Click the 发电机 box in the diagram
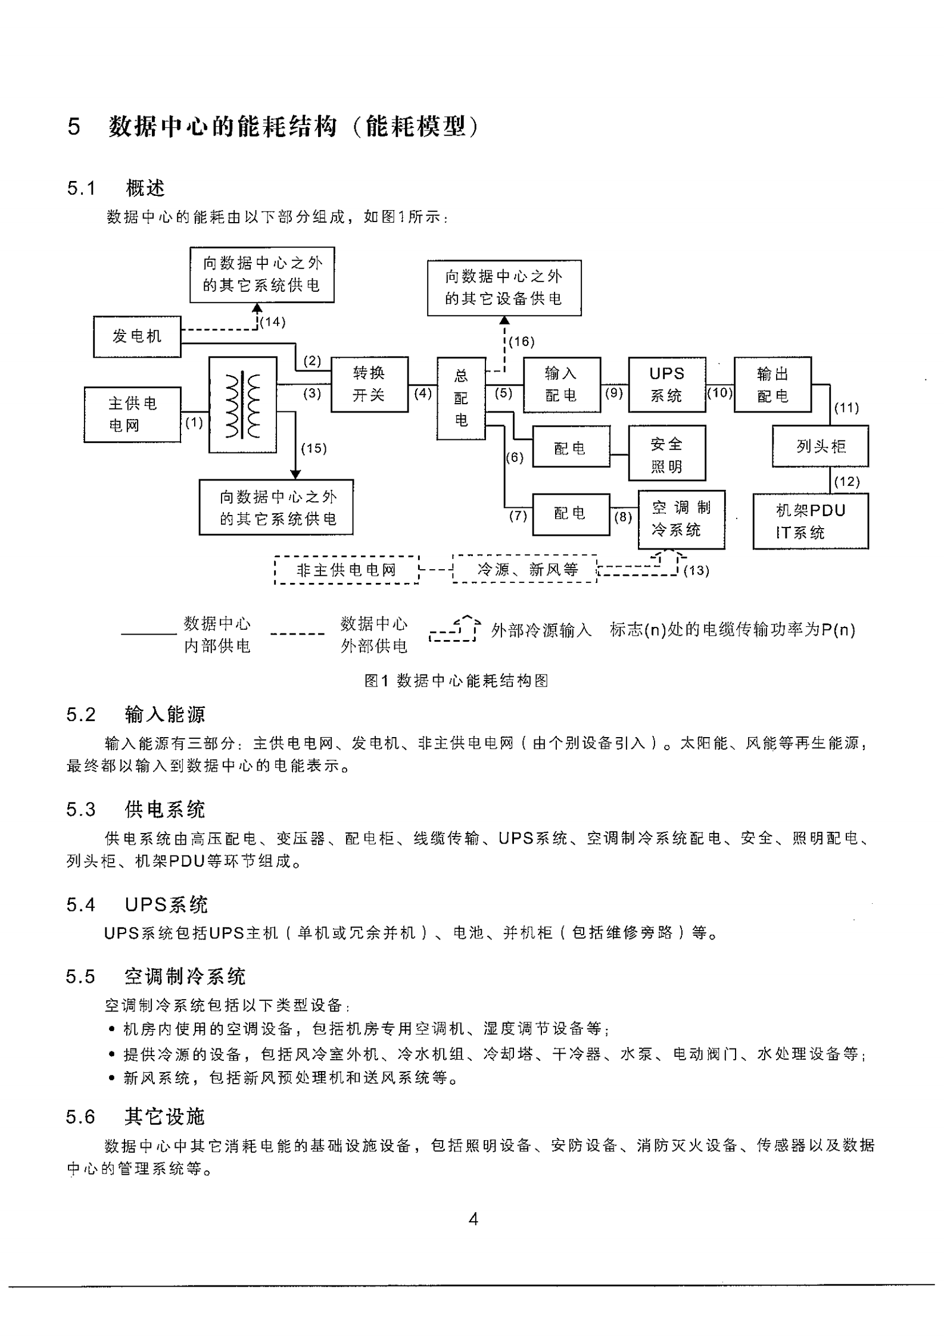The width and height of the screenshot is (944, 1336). [137, 336]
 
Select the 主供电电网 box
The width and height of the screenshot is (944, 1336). [132, 414]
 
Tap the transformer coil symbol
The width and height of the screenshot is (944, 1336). [243, 405]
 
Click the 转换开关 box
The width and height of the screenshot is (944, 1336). [369, 384]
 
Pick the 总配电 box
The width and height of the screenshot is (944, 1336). [461, 398]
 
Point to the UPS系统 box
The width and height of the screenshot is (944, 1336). [666, 384]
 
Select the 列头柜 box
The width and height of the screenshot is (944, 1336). [820, 446]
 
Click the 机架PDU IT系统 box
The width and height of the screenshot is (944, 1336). [810, 521]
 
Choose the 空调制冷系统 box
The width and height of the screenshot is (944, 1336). [681, 519]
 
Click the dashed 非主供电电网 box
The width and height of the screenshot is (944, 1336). [347, 570]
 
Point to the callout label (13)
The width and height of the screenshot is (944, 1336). [696, 570]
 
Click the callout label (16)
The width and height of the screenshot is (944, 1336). [522, 342]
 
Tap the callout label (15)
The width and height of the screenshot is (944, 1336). [314, 448]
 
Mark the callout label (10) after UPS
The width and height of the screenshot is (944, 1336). [719, 392]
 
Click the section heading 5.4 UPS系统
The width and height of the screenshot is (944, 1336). [137, 905]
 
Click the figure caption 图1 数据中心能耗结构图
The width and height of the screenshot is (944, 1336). [456, 681]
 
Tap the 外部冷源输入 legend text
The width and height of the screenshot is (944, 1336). [541, 630]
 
